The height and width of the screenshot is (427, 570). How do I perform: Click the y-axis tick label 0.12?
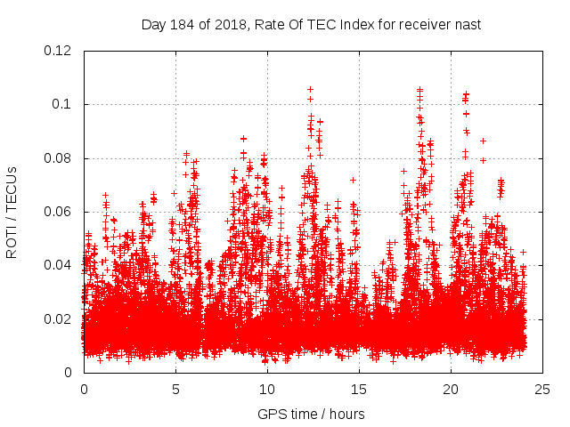(59, 51)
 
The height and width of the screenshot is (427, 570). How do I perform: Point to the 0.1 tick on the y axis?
(65, 104)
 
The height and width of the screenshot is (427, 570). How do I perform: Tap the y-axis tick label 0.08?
(59, 158)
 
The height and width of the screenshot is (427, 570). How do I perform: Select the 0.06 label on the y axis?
(59, 212)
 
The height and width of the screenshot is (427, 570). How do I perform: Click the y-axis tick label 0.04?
(59, 265)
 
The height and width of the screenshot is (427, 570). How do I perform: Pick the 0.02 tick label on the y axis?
(59, 318)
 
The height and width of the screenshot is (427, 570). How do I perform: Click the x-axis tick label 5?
(175, 389)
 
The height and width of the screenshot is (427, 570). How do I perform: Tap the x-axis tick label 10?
(267, 389)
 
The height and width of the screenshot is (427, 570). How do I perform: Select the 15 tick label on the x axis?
(359, 389)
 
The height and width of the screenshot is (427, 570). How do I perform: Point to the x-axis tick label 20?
(451, 389)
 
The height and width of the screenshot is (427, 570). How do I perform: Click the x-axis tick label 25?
(542, 389)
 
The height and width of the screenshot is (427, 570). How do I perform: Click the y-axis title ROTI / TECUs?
(12, 212)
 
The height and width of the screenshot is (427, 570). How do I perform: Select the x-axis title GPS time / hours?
(311, 414)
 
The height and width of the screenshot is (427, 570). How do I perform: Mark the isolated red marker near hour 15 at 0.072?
(354, 180)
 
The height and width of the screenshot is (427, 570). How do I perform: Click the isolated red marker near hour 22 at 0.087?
(483, 141)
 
